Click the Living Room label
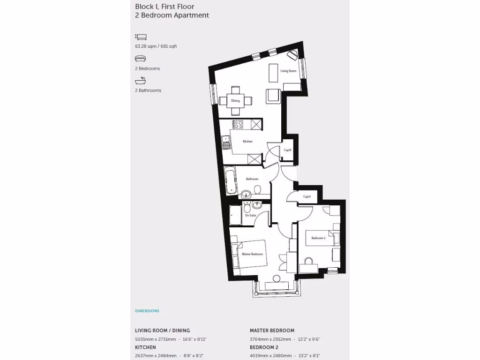[x=288, y=71]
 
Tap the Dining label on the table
[x=235, y=101]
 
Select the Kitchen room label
[x=248, y=141]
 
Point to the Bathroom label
[x=252, y=179]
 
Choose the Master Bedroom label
[x=252, y=254]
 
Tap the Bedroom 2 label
[x=318, y=238]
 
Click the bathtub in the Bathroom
[x=230, y=181]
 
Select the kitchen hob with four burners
[x=238, y=124]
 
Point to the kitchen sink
[x=226, y=141]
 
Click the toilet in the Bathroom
[x=257, y=190]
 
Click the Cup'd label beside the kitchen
[x=288, y=150]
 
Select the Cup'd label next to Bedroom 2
[x=307, y=196]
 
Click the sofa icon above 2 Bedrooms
[x=140, y=59]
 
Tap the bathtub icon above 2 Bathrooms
[x=140, y=81]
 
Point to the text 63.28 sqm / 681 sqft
[x=156, y=46]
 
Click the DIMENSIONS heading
[x=147, y=311]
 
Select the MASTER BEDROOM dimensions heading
[x=272, y=330]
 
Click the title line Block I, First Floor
[x=165, y=7]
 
